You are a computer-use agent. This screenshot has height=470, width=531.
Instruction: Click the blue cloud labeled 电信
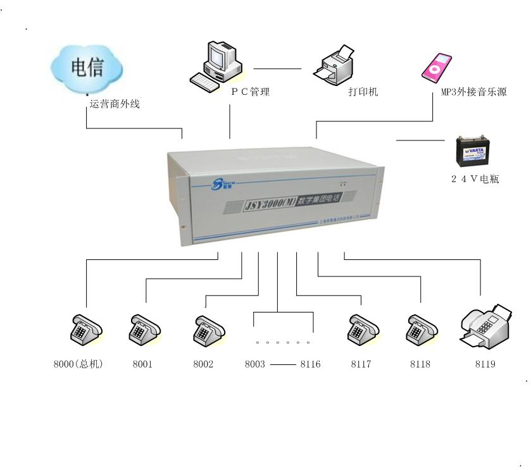pyautogui.click(x=87, y=67)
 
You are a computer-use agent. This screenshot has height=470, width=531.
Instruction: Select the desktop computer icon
pyautogui.click(x=216, y=63)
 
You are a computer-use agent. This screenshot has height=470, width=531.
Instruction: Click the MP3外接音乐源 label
pyautogui.click(x=473, y=92)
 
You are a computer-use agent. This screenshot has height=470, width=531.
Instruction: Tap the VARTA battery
pyautogui.click(x=477, y=151)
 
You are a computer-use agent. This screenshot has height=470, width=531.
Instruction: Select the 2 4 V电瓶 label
pyautogui.click(x=475, y=179)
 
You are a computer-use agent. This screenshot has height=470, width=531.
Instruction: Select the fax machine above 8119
pyautogui.click(x=485, y=325)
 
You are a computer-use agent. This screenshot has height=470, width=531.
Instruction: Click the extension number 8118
pyautogui.click(x=420, y=364)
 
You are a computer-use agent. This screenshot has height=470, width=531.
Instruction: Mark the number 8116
pyautogui.click(x=310, y=364)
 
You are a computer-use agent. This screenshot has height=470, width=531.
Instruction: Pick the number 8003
pyautogui.click(x=255, y=364)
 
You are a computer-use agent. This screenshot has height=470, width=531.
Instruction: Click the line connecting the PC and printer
pyautogui.click(x=278, y=68)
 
